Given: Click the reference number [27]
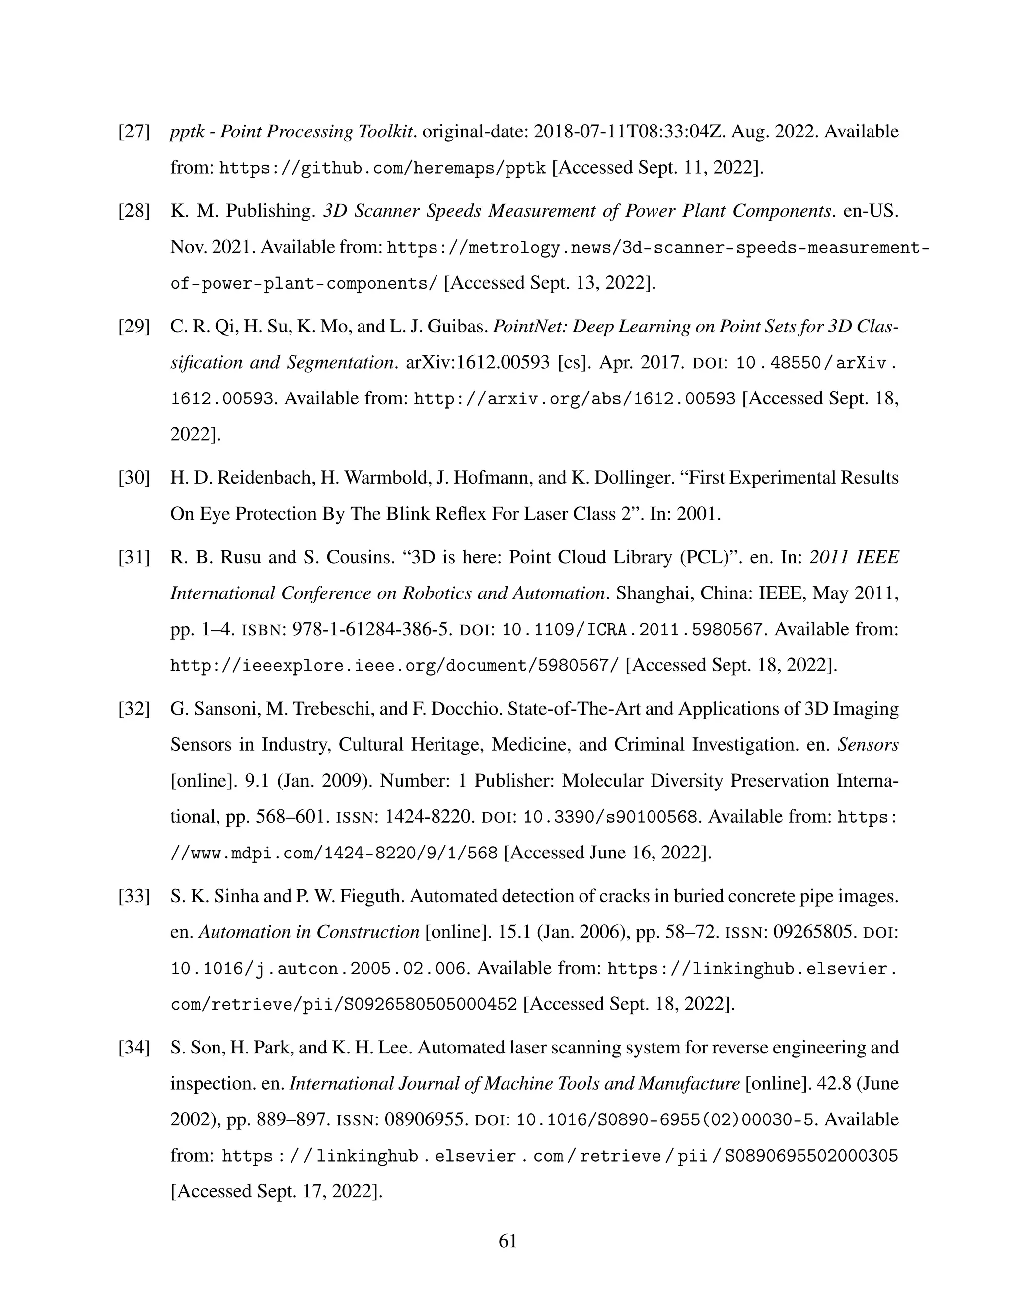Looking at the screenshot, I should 133,132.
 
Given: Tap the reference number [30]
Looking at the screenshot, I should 133,478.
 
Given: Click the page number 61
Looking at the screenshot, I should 508,1241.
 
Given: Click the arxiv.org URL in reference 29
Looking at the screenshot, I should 574,399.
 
